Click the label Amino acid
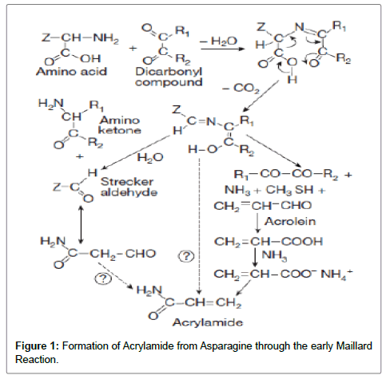pyautogui.click(x=71, y=72)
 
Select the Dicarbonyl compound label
pyautogui.click(x=169, y=77)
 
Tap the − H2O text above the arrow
pyautogui.click(x=218, y=41)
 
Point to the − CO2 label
pyautogui.click(x=241, y=88)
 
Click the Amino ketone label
pyautogui.click(x=120, y=125)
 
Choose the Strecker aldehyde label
pyautogui.click(x=129, y=187)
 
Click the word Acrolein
pyautogui.click(x=290, y=221)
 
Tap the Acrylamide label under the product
pyautogui.click(x=208, y=322)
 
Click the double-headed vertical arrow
pyautogui.click(x=82, y=225)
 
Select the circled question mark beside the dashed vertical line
pyautogui.click(x=186, y=256)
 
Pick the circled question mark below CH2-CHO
pyautogui.click(x=103, y=278)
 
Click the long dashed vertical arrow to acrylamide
pyautogui.click(x=199, y=226)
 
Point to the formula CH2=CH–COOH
pyautogui.click(x=269, y=242)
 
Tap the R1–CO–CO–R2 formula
pyautogui.click(x=286, y=175)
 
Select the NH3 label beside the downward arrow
pyautogui.click(x=274, y=255)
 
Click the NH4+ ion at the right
pyautogui.click(x=336, y=274)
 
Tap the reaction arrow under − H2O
pyautogui.click(x=222, y=49)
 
